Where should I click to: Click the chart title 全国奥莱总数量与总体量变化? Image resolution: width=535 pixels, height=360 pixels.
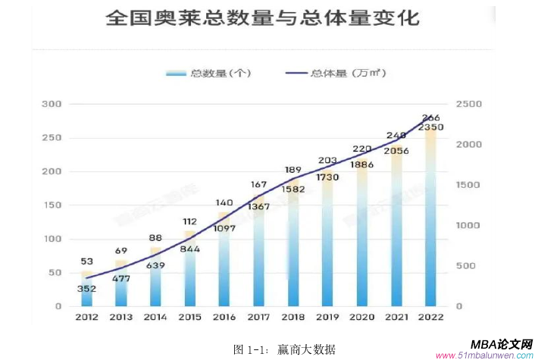(x=262, y=19)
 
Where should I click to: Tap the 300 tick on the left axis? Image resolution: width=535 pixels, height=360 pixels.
(x=51, y=104)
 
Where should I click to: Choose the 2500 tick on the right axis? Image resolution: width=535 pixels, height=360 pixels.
(x=471, y=104)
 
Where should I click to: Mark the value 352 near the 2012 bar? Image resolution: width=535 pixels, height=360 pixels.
(x=87, y=289)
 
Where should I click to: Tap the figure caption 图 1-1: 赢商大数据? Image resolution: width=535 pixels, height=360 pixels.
(x=284, y=349)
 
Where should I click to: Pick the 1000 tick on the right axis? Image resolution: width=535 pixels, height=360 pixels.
(x=471, y=225)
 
